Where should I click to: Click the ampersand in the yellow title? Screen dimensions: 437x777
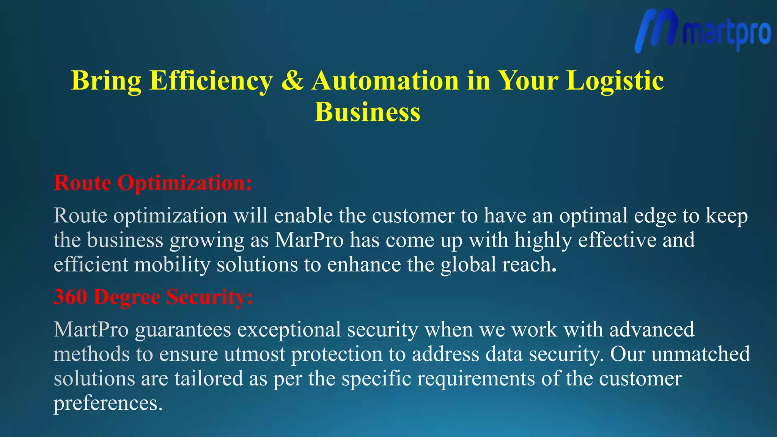[292, 80]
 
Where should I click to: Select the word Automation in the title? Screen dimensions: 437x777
[385, 80]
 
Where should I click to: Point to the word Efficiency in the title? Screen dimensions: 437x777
[211, 81]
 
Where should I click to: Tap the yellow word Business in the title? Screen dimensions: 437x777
[367, 112]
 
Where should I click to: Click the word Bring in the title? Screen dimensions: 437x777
[106, 81]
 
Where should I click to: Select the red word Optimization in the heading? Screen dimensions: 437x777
[184, 184]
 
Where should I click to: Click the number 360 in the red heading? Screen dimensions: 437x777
[70, 297]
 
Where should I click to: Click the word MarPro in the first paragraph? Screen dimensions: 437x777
[309, 240]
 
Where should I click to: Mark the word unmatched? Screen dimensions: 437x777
[700, 354]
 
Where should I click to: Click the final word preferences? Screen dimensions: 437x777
[108, 404]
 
